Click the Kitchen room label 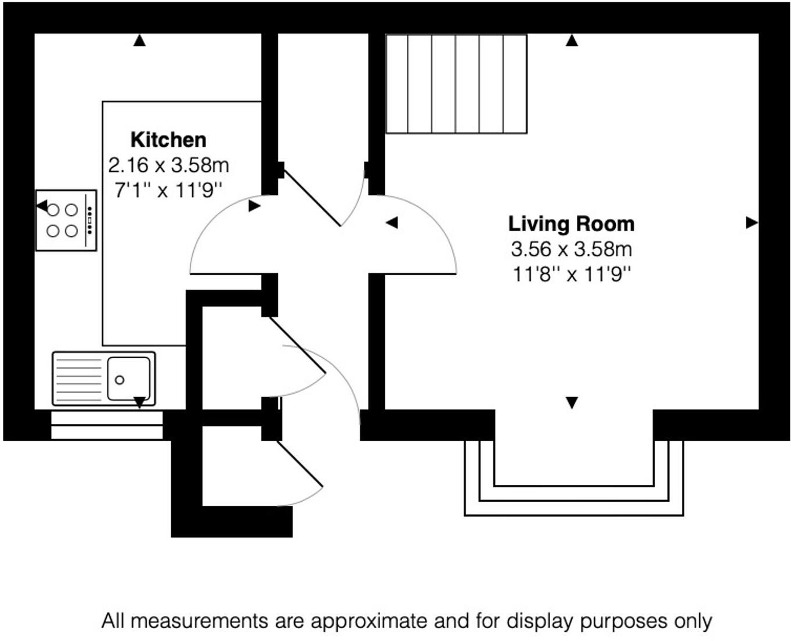pyautogui.click(x=168, y=140)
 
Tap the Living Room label pyautogui.click(x=571, y=224)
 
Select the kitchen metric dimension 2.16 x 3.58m pyautogui.click(x=168, y=165)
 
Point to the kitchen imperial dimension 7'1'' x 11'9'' pyautogui.click(x=168, y=190)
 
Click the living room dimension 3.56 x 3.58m pyautogui.click(x=571, y=249)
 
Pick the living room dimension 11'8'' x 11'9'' pyautogui.click(x=571, y=274)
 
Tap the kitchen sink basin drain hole pyautogui.click(x=120, y=380)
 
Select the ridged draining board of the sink pyautogui.click(x=78, y=379)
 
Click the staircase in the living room pyautogui.click(x=456, y=84)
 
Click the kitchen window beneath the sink pyautogui.click(x=107, y=426)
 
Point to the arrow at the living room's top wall pyautogui.click(x=572, y=40)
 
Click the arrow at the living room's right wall pyautogui.click(x=752, y=222)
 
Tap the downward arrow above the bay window pyautogui.click(x=572, y=402)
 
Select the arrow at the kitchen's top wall pyautogui.click(x=139, y=40)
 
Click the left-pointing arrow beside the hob pyautogui.click(x=42, y=206)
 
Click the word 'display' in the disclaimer pyautogui.click(x=539, y=621)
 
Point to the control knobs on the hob pyautogui.click(x=89, y=220)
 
